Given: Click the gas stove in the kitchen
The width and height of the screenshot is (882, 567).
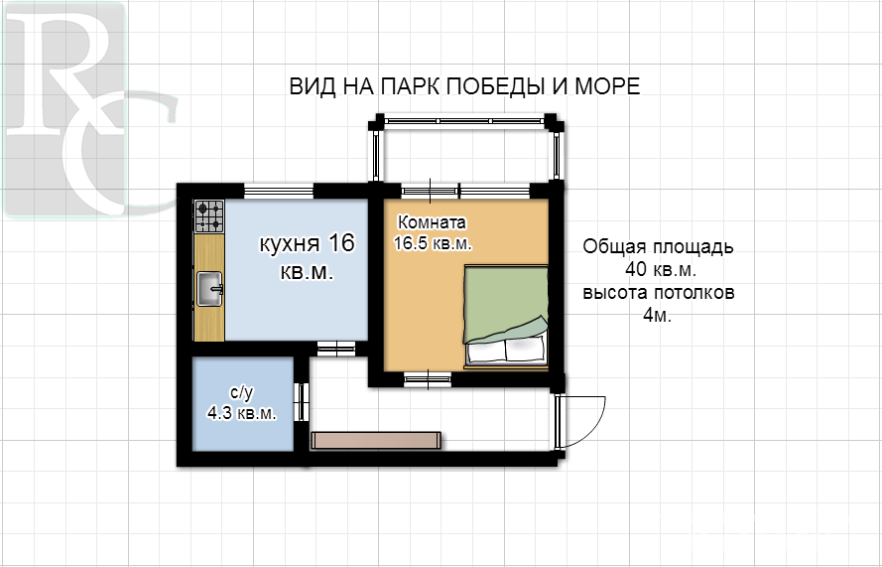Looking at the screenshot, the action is point(209,216).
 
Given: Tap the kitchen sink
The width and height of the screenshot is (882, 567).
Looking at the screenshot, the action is point(209,289).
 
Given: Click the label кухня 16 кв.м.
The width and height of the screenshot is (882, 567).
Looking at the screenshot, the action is point(308,258).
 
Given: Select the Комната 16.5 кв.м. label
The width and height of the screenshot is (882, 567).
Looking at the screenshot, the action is point(432,233).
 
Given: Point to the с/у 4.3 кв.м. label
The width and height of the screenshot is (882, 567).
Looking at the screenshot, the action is point(242,404).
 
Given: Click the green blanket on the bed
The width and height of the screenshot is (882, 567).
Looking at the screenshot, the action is point(505,304).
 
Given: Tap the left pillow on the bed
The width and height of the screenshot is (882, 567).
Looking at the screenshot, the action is point(485,351).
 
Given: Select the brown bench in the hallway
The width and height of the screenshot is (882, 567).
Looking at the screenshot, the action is point(376,440).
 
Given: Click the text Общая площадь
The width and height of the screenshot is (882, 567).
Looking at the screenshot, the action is point(658,246).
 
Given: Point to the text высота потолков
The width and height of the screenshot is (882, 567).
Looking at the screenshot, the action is point(658,293).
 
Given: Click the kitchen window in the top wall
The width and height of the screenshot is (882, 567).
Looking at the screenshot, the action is point(279,192).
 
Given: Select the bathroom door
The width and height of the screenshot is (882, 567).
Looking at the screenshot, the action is point(302,402).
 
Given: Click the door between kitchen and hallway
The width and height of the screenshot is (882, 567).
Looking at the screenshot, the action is point(336,349).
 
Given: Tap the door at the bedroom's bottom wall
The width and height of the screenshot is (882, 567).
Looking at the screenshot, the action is point(428,380).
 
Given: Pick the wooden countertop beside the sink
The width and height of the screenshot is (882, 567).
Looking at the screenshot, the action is point(209,287).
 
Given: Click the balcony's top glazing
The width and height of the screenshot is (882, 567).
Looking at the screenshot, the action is point(464,121).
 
